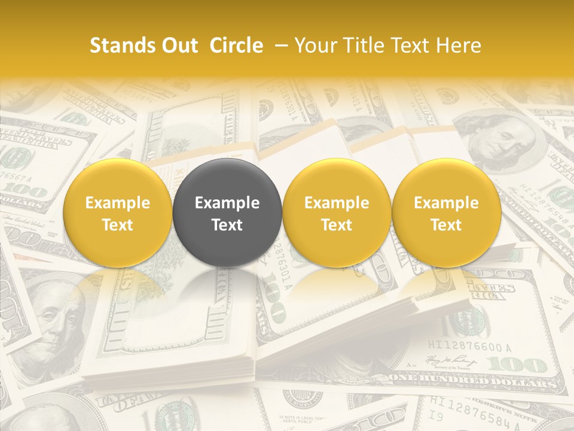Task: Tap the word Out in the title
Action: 179,45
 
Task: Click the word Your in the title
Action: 313,45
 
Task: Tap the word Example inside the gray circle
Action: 227,203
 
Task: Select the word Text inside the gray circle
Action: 227,225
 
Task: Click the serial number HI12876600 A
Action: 471,346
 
